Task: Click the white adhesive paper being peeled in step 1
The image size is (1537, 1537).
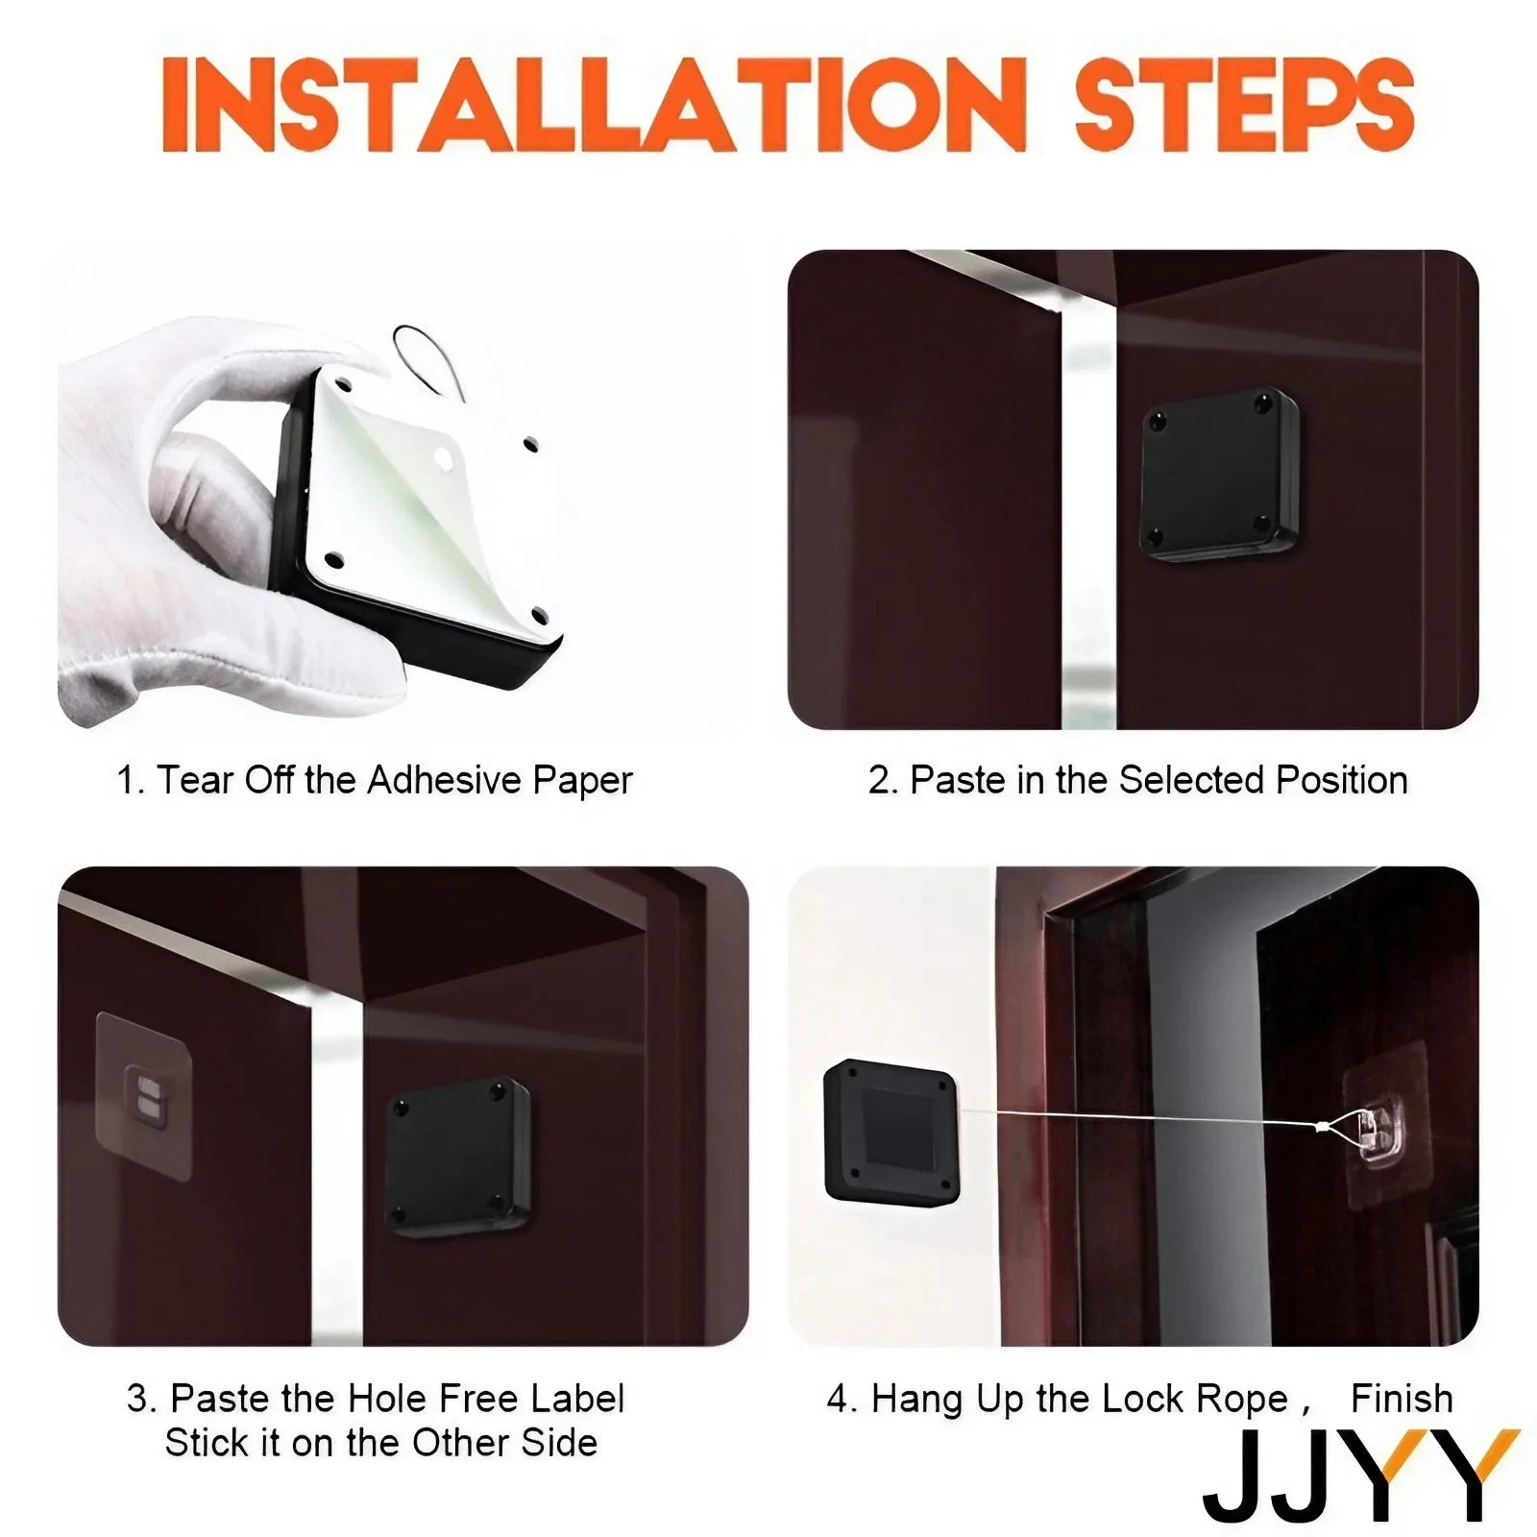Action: [423, 500]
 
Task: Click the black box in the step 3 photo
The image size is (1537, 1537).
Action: [459, 1157]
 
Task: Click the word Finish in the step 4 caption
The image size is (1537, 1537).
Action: [1402, 1399]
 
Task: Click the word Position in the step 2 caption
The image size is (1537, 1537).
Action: [1342, 780]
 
